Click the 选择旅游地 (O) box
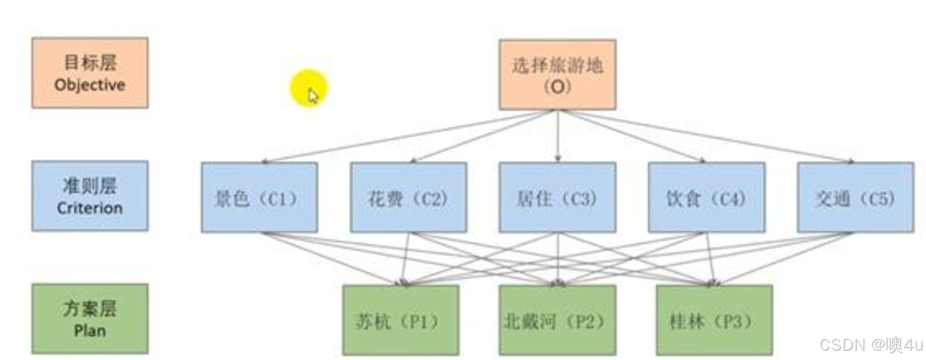pos(557,74)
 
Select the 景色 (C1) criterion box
pos(259,198)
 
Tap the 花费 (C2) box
pos(408,198)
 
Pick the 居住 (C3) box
pos(557,198)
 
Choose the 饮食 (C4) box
pos(706,198)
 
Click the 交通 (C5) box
pos(855,198)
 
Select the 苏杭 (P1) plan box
pos(400,320)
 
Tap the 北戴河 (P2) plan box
pos(557,320)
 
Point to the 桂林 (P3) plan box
pos(714,320)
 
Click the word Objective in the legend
pos(90,85)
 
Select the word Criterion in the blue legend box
pos(90,208)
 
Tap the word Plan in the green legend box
pos(90,330)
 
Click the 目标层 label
pos(90,63)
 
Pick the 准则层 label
pos(90,186)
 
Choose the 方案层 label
pos(90,309)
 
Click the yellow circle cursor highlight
pos(308,88)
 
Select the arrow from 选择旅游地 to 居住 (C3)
pos(557,136)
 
